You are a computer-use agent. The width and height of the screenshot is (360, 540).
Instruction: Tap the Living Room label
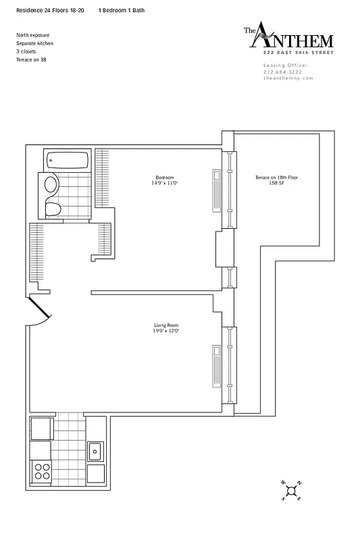pyautogui.click(x=165, y=325)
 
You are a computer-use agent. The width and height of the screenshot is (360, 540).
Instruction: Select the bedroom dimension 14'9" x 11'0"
pyautogui.click(x=165, y=184)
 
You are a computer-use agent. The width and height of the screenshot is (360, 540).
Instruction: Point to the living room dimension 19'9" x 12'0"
pyautogui.click(x=165, y=331)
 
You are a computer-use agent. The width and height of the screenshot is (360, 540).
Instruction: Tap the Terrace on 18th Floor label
pyautogui.click(x=276, y=178)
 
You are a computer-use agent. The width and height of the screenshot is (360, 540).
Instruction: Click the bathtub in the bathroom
pyautogui.click(x=68, y=161)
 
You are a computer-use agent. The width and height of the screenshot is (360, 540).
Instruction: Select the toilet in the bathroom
pyautogui.click(x=53, y=208)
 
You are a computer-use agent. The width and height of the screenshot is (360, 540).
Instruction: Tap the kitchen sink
pyautogui.click(x=95, y=450)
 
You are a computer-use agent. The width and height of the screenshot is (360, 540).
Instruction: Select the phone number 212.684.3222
pyautogui.click(x=284, y=72)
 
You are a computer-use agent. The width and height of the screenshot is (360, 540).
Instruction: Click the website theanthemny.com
pyautogui.click(x=288, y=78)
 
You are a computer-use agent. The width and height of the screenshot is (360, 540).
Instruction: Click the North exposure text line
pyautogui.click(x=33, y=35)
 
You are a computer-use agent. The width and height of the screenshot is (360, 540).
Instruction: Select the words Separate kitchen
pyautogui.click(x=35, y=43)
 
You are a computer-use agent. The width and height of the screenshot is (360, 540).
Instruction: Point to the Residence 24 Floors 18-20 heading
pyautogui.click(x=51, y=11)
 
